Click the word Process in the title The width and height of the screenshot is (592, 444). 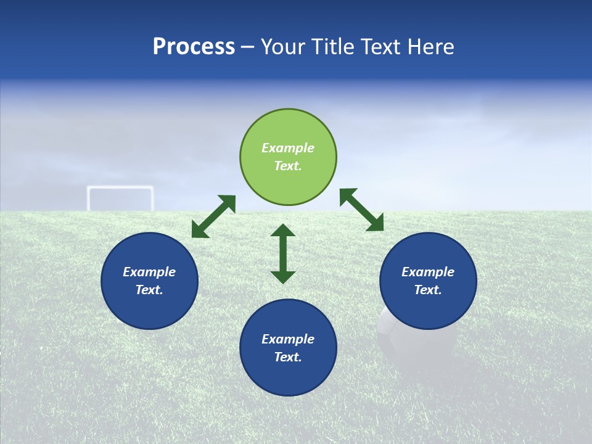[194, 47]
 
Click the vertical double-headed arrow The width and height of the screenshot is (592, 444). [283, 253]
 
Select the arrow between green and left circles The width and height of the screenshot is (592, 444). [213, 216]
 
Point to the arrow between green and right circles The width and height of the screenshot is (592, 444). [361, 210]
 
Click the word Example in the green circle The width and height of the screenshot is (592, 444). [288, 148]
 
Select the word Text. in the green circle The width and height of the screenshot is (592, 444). [288, 166]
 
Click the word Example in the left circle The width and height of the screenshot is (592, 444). [149, 272]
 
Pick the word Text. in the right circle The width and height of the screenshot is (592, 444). [428, 290]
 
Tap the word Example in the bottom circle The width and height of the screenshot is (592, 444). [288, 339]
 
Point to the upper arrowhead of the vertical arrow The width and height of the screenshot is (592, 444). [283, 231]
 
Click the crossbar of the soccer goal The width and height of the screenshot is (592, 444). [120, 188]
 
